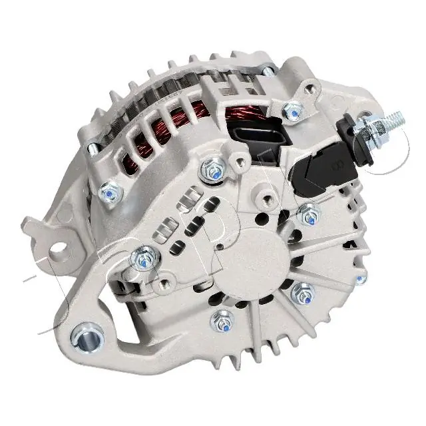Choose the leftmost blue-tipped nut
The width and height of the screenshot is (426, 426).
coord(110,193)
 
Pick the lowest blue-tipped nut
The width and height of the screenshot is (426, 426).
coord(221,322)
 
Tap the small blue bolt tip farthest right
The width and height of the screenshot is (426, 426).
coord(361,279)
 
